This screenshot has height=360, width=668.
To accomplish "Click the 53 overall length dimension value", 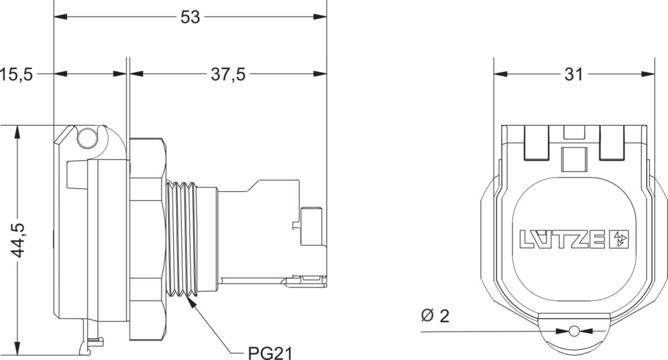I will (190, 17).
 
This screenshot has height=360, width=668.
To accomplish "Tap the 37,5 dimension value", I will (228, 74).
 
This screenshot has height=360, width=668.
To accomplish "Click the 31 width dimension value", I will (573, 74).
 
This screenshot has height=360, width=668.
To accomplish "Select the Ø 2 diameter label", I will (435, 316).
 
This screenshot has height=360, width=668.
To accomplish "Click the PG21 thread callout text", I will (270, 353).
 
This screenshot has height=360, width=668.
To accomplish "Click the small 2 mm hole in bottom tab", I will (574, 332).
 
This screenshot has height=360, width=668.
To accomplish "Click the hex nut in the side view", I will (146, 239).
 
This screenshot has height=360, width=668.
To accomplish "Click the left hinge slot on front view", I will (537, 143).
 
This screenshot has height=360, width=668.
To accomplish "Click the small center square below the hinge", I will (574, 160).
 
